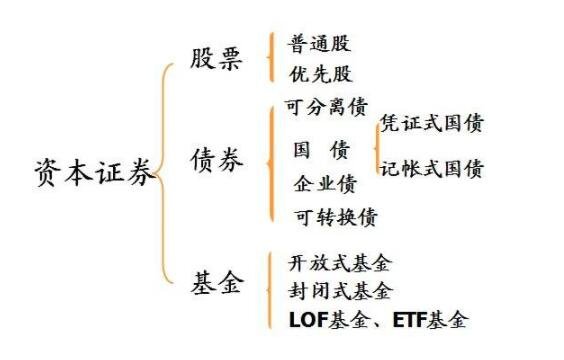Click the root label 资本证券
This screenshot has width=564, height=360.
coord(95,174)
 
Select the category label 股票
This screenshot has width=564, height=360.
coord(216,59)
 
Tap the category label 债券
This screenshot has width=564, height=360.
coord(216,160)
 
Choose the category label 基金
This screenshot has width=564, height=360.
coord(216,283)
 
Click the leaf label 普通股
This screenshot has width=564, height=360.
coord(320,44)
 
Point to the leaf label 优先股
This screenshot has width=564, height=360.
coord(320,74)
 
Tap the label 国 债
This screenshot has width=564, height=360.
coord(321,150)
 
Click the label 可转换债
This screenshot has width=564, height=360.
coord(336,216)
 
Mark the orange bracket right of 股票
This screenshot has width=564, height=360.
coord(271,58)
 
